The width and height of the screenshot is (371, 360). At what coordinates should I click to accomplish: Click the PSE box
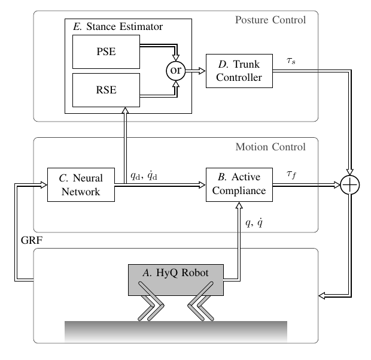[106, 52]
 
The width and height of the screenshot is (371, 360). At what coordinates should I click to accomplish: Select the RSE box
[106, 90]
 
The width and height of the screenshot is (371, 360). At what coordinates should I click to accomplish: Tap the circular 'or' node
[176, 71]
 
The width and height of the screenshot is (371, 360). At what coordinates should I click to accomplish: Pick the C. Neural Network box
[81, 185]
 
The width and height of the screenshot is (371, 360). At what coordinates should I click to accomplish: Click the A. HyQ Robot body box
[176, 279]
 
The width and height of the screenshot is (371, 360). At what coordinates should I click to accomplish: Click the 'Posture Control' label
[271, 20]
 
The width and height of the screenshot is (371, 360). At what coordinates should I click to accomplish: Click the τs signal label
[291, 61]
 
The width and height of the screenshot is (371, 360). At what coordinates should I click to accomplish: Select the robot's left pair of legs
[150, 302]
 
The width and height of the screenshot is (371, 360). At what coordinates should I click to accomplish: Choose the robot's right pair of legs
[200, 302]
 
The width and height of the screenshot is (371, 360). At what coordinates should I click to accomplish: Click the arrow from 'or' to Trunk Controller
[194, 71]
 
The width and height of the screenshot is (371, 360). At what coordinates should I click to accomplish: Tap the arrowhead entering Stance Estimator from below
[125, 111]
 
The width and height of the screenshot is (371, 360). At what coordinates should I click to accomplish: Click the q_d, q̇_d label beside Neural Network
[148, 177]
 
